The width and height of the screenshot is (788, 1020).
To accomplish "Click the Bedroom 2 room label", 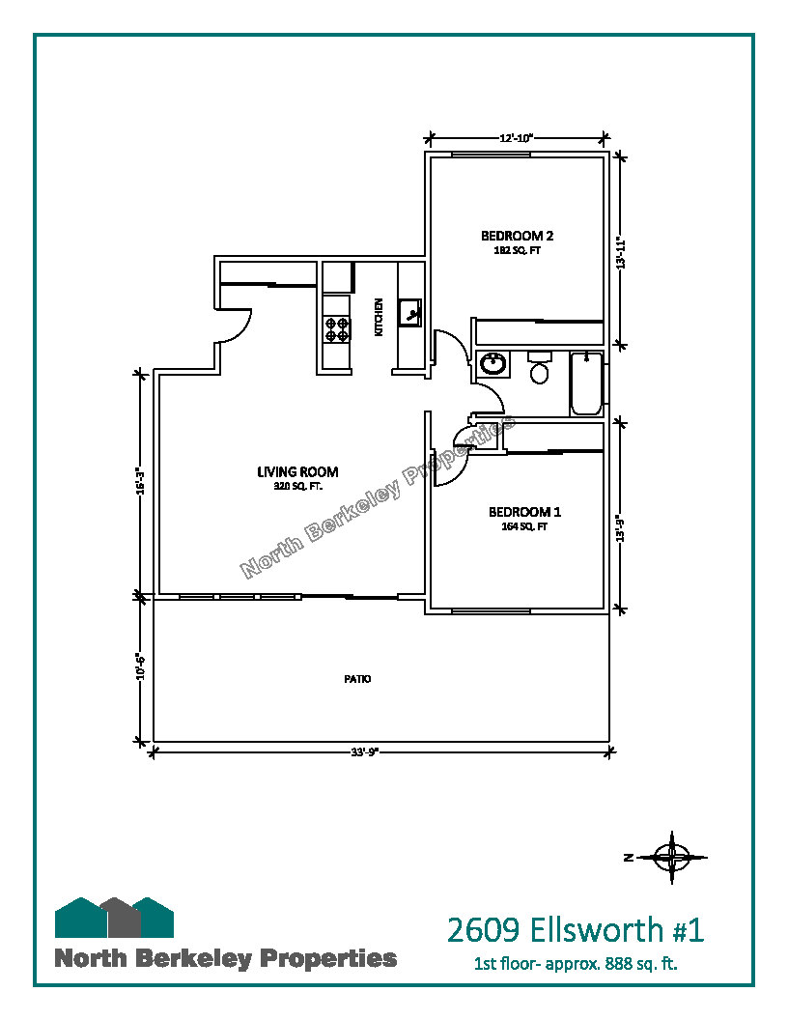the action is click(x=517, y=236).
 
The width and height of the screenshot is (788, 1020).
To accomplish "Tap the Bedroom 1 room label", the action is click(x=524, y=512).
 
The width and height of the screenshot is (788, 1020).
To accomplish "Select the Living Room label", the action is click(x=297, y=471).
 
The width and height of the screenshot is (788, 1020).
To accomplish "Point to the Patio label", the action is click(x=357, y=679).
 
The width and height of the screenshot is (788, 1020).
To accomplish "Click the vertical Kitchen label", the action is click(x=379, y=317).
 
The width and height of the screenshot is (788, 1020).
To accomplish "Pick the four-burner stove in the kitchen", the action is click(x=337, y=328).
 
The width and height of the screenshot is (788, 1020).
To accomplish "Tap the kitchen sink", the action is click(x=410, y=313).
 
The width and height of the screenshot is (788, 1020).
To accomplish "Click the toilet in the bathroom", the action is click(x=539, y=368).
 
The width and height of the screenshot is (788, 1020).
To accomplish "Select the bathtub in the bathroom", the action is click(x=586, y=383).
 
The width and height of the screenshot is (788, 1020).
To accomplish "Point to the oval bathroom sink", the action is click(x=493, y=363).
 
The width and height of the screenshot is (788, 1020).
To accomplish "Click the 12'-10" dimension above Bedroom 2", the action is click(x=517, y=138).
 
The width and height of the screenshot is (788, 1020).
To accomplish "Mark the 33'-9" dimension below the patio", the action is click(x=365, y=752).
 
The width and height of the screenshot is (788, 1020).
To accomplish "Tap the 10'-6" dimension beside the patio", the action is click(x=139, y=666).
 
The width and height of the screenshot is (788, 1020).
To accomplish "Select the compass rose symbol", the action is click(x=672, y=858).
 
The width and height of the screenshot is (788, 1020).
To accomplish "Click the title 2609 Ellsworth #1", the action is click(x=576, y=929).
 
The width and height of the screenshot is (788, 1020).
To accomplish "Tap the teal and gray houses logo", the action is click(x=114, y=918).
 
